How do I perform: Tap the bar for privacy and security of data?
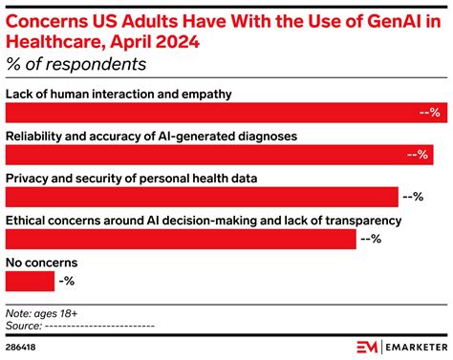click(x=201, y=197)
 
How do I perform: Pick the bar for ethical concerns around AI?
click(x=182, y=239)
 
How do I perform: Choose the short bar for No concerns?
click(x=30, y=281)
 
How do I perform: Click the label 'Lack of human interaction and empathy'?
click(x=119, y=95)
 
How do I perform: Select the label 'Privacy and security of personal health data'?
click(x=132, y=179)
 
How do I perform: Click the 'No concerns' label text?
click(x=41, y=263)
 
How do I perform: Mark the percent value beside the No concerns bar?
click(x=67, y=281)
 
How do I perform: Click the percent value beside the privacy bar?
click(x=412, y=197)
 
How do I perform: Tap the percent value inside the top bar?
click(x=428, y=113)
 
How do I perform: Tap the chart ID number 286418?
click(x=26, y=345)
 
